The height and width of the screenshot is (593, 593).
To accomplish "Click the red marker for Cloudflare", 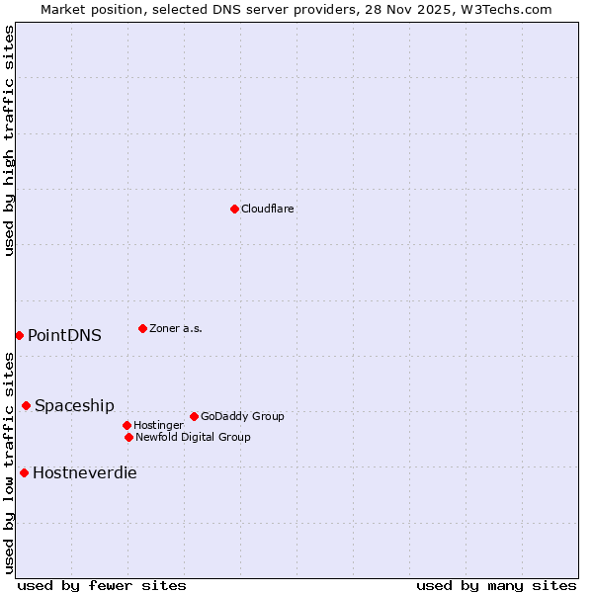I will click(x=234, y=209).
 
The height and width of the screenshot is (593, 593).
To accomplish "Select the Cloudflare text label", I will click(x=267, y=209).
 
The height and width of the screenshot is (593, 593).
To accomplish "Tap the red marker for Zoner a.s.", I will click(x=142, y=328).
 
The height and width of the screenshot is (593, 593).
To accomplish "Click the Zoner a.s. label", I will click(x=176, y=328).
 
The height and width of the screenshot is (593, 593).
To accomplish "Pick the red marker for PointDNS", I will click(x=19, y=335).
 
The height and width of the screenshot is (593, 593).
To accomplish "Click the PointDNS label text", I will click(x=64, y=335).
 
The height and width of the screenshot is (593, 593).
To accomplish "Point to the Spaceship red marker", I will click(x=26, y=405).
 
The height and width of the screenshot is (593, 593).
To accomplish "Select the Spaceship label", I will click(x=74, y=405).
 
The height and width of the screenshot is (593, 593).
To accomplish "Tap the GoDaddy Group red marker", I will click(x=194, y=416).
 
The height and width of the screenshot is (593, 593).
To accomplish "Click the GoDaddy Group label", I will click(x=242, y=416).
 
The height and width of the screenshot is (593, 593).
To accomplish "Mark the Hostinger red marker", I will click(x=127, y=425).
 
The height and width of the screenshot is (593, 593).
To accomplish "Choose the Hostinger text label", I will click(x=158, y=425).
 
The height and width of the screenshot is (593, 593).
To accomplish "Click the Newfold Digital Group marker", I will click(x=128, y=437).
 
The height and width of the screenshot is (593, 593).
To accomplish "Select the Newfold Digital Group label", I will click(x=193, y=437).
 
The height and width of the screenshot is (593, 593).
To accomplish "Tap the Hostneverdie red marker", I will click(x=24, y=472).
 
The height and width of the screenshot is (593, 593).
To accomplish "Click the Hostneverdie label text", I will click(x=85, y=472).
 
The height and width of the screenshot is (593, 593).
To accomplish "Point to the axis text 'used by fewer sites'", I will click(x=102, y=585).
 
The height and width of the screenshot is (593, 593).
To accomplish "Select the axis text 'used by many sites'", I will click(x=496, y=585).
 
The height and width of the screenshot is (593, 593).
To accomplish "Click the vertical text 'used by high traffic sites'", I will click(x=9, y=140).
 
